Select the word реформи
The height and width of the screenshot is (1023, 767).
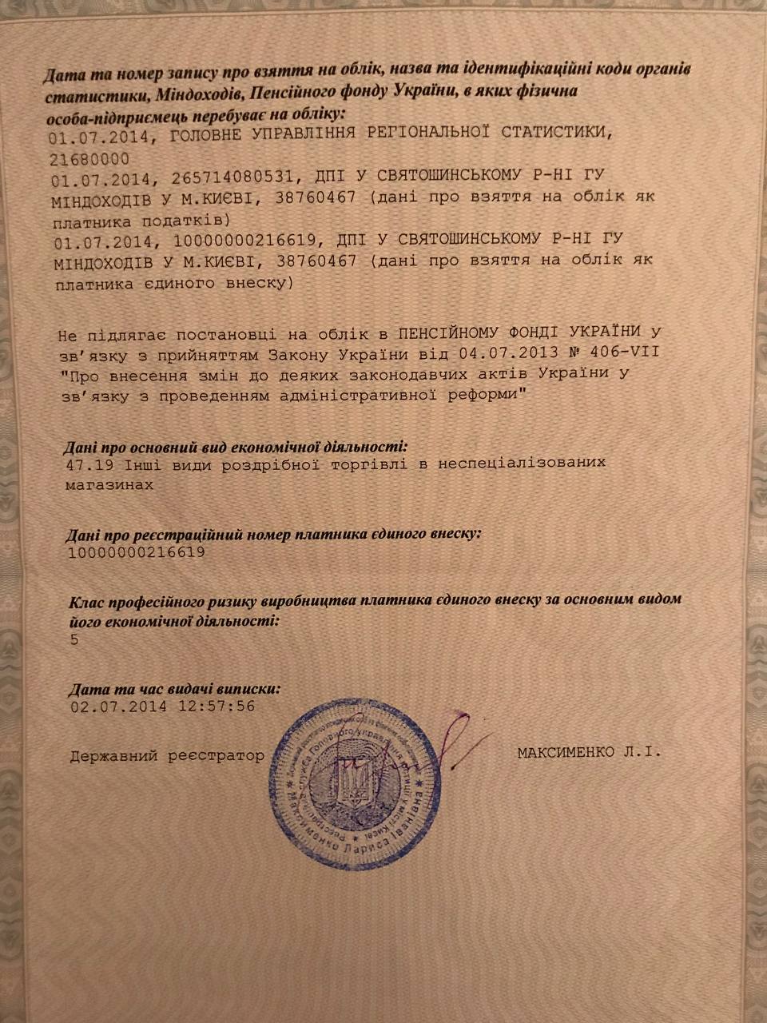point(487,394)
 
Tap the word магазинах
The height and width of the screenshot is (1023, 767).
point(108,484)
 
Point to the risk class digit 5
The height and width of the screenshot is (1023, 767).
point(74,640)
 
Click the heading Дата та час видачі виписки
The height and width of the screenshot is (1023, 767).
point(175,688)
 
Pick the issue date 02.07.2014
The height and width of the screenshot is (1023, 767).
point(118,707)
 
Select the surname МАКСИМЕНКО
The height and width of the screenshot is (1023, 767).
point(566,752)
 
